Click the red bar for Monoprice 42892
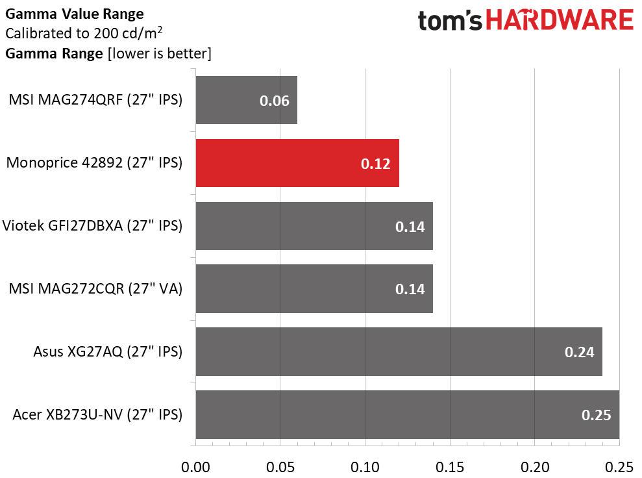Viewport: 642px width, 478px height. (297, 163)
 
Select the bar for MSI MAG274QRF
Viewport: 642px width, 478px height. (246, 100)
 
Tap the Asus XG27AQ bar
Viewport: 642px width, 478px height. (399, 351)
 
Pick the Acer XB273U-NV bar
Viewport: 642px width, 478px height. (407, 414)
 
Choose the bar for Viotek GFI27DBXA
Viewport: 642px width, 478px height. (314, 226)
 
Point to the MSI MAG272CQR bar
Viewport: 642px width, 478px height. (314, 289)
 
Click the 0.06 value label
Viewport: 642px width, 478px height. (274, 101)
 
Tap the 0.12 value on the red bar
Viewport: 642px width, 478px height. (376, 164)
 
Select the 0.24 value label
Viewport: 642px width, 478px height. (579, 352)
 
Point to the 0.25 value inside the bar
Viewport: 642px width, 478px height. (596, 415)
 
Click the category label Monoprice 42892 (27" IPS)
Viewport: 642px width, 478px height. (93, 163)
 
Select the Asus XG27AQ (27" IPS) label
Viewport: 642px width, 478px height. (108, 352)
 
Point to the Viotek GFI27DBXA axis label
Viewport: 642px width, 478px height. (92, 226)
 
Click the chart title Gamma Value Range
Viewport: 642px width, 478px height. (75, 14)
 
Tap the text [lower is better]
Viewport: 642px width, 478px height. (158, 53)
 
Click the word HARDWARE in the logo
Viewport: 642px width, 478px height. (560, 21)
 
